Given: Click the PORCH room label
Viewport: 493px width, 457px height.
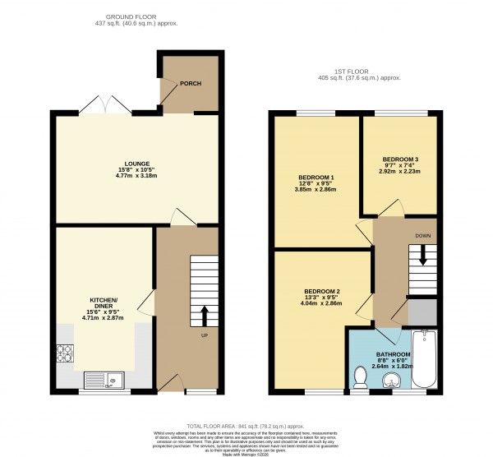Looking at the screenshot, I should click(191, 84).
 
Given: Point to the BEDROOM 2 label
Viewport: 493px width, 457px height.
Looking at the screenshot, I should click(322, 292).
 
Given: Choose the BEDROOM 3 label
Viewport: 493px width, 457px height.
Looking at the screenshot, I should click(399, 159).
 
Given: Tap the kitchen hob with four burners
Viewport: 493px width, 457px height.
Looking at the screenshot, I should click(66, 353).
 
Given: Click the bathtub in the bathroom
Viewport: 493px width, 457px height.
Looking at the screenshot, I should click(425, 359).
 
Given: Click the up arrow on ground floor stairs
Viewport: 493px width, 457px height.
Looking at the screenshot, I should click(205, 315).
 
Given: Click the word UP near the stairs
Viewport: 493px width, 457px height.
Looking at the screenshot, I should click(205, 335).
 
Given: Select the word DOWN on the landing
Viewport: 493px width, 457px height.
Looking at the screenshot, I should click(424, 234).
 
